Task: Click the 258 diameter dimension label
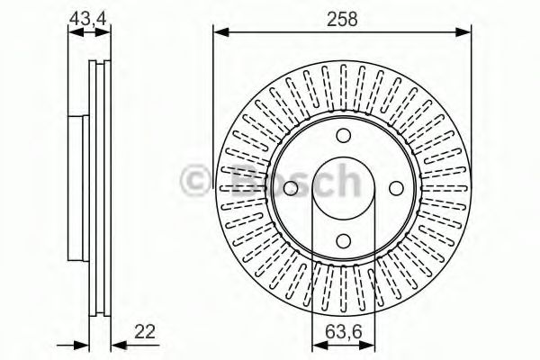[x=343, y=19]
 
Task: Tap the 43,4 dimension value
[x=86, y=17]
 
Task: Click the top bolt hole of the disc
[x=343, y=136]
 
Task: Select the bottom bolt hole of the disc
[x=343, y=240]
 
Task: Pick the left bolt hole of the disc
[x=291, y=188]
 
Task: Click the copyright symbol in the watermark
[x=193, y=181]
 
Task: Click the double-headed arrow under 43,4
[x=86, y=32]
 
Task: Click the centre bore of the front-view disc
[x=343, y=188]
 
